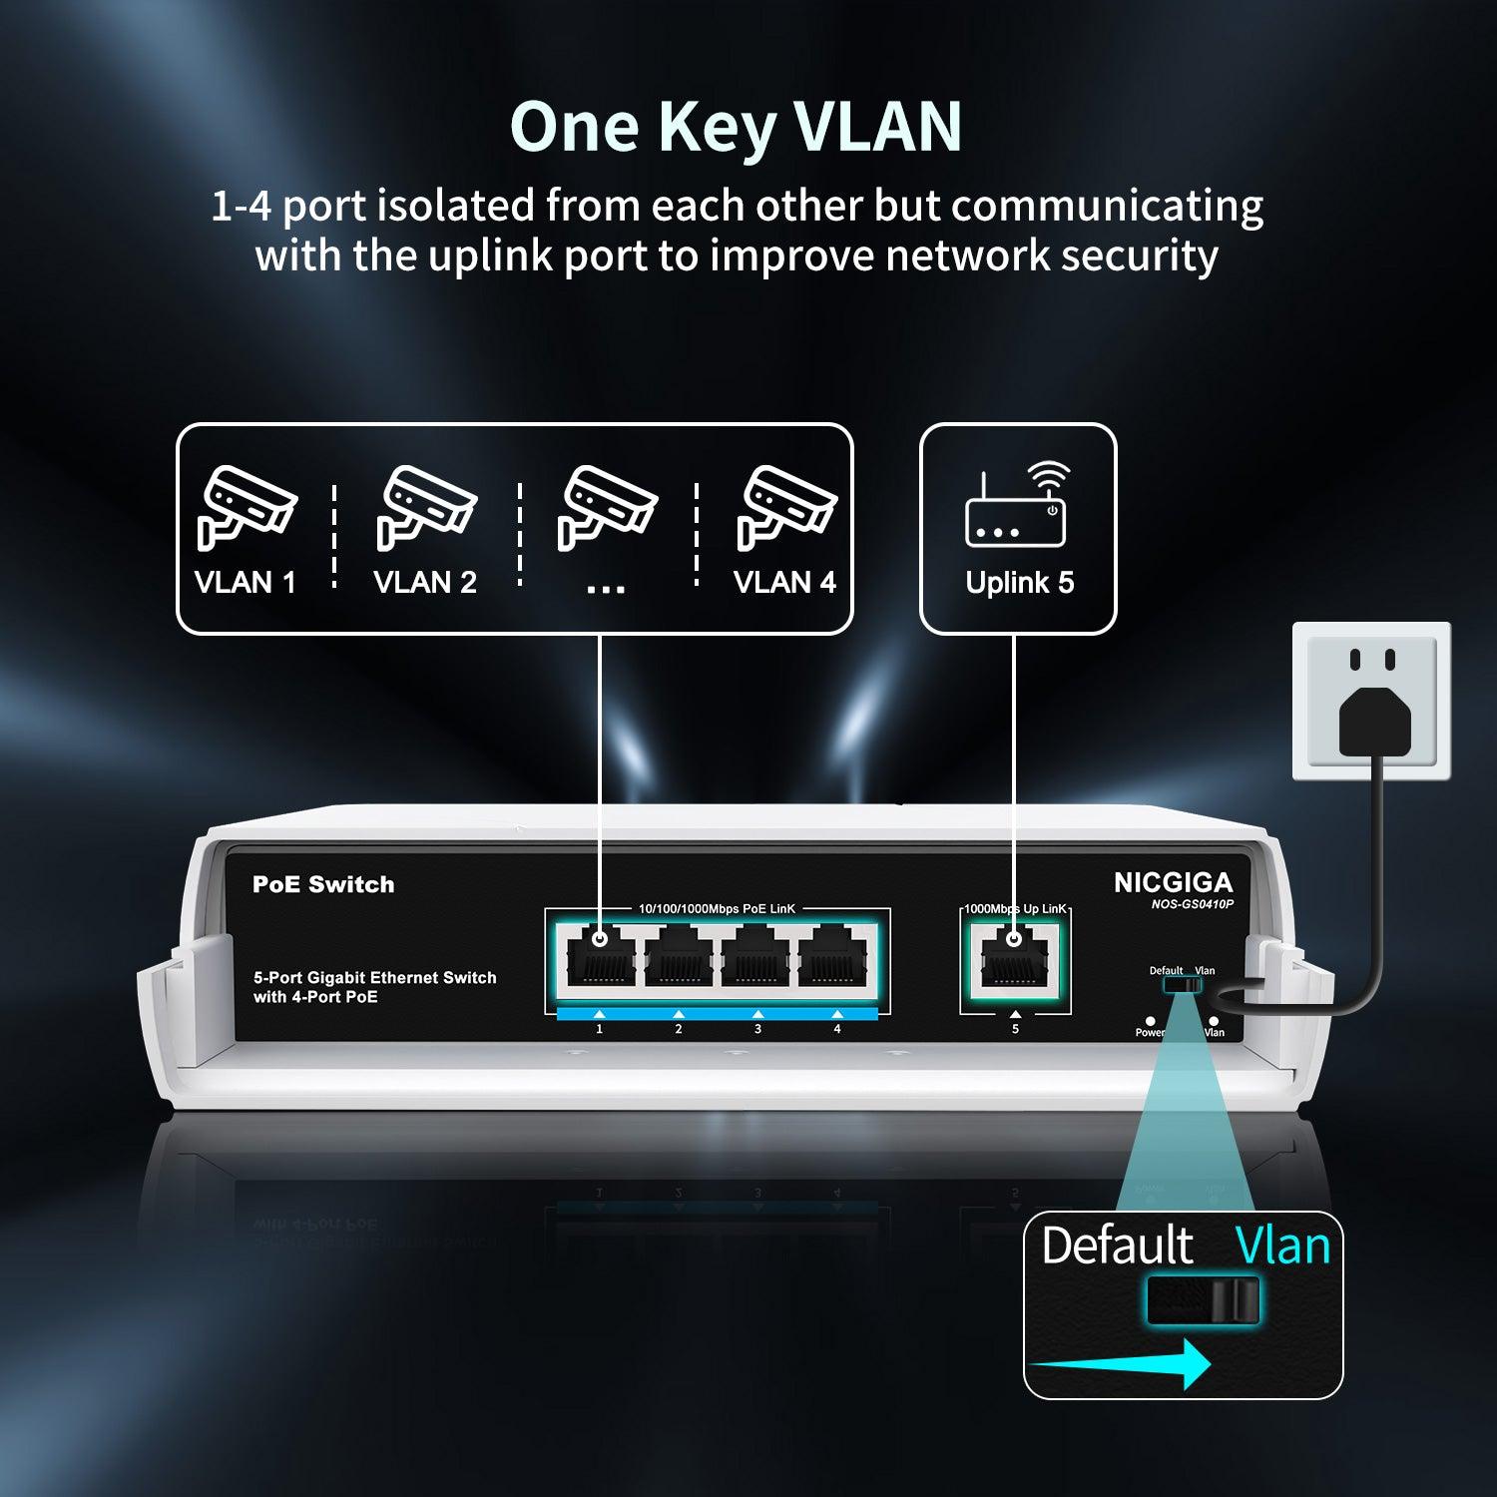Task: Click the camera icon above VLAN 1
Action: (x=246, y=507)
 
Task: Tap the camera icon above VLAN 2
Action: (x=425, y=507)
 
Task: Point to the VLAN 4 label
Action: (x=784, y=582)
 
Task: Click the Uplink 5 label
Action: (x=1019, y=583)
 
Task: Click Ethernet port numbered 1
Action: (x=599, y=961)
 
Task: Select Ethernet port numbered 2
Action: (x=679, y=961)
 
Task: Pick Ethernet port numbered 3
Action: (x=757, y=961)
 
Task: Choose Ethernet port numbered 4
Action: (x=836, y=961)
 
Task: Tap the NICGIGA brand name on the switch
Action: (x=1173, y=882)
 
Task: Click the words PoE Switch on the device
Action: (x=323, y=884)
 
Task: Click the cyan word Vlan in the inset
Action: (x=1282, y=1247)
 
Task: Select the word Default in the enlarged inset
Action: (x=1117, y=1247)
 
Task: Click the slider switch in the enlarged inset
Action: (x=1203, y=1300)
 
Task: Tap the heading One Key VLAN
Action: (x=736, y=127)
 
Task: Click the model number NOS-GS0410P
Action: (x=1192, y=904)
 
